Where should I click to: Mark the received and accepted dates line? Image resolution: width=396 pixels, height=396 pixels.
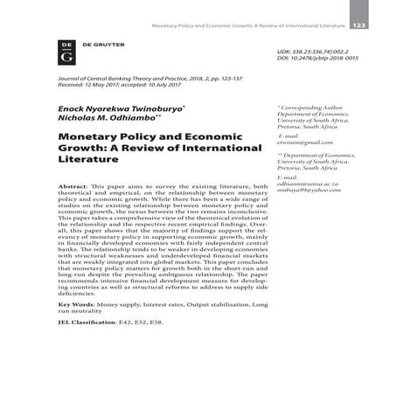click(x=126, y=87)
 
